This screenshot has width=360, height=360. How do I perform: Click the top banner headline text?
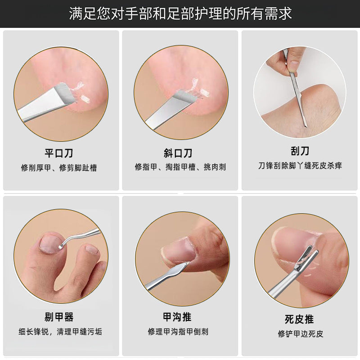click(x=180, y=13)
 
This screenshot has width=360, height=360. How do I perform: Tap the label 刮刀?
click(x=300, y=150)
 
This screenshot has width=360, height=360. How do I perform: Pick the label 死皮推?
click(x=300, y=319)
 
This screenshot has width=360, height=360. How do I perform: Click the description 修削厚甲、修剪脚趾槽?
click(x=59, y=168)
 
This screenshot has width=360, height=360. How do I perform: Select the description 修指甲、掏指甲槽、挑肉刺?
click(x=180, y=167)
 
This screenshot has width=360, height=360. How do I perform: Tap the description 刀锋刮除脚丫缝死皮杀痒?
click(x=300, y=166)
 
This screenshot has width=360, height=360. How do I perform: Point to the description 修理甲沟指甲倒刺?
click(x=178, y=332)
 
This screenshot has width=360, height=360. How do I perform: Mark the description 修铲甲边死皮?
click(x=300, y=334)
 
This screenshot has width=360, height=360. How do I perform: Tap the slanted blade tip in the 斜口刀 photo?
click(x=184, y=97)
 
